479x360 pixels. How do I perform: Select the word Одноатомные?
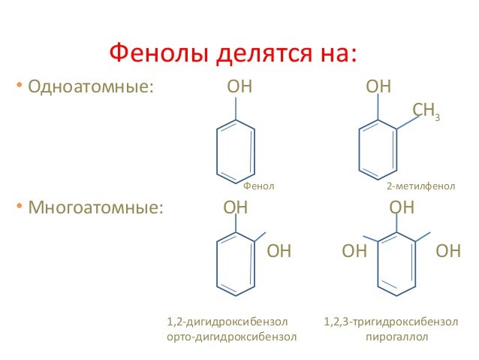point(90,87)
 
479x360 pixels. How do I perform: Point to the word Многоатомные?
point(95,207)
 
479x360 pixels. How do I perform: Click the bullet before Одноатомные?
point(21,87)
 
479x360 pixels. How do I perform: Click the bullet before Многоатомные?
point(21,207)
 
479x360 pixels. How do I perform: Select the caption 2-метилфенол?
point(420,185)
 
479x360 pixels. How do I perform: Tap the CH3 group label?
point(426,112)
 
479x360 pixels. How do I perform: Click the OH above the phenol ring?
point(239,87)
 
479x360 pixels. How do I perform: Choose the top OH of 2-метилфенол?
point(378,87)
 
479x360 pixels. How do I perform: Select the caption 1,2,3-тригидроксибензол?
point(390,322)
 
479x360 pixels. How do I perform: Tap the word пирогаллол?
point(396,337)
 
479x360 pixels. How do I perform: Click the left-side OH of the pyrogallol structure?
point(354,251)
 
